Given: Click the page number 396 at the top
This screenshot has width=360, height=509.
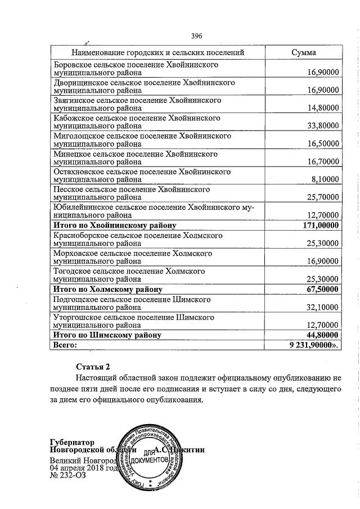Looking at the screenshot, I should (x=196, y=36).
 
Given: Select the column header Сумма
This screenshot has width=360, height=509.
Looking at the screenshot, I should (x=303, y=52).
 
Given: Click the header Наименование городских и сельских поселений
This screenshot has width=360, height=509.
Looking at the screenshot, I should (x=155, y=52).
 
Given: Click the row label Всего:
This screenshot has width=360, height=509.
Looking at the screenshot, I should (x=64, y=344).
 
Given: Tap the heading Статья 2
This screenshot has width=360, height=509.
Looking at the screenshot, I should (x=93, y=367).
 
